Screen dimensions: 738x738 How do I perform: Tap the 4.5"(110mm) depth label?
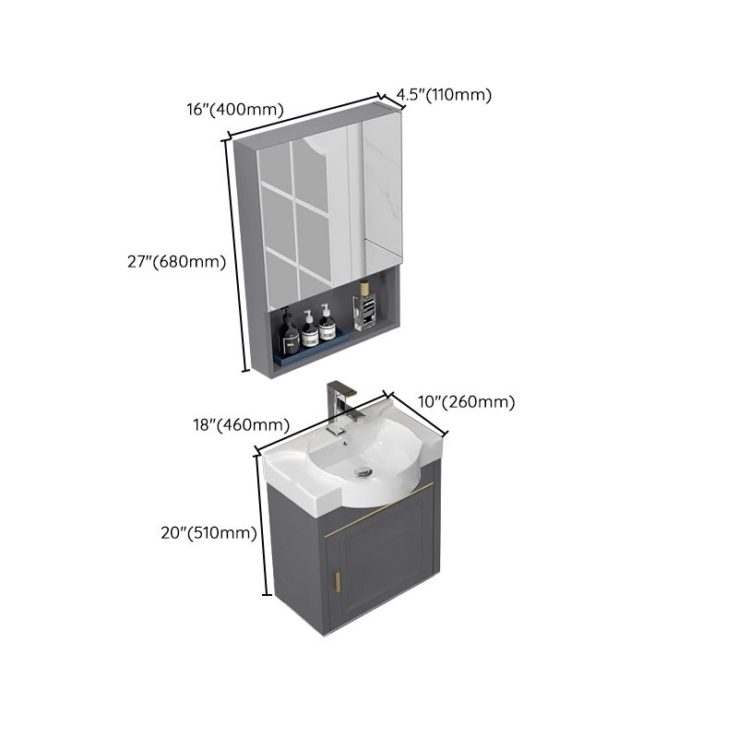coord(444,94)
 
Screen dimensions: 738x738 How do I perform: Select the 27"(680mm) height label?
coord(176,262)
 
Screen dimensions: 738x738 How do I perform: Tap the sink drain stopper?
coord(363,471)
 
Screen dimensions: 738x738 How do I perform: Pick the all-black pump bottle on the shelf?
coord(289,335)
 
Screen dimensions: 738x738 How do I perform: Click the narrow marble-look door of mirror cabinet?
coord(382,198)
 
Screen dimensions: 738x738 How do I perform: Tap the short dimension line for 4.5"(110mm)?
coord(392,102)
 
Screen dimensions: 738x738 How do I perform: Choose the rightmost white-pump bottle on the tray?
coord(327,325)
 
